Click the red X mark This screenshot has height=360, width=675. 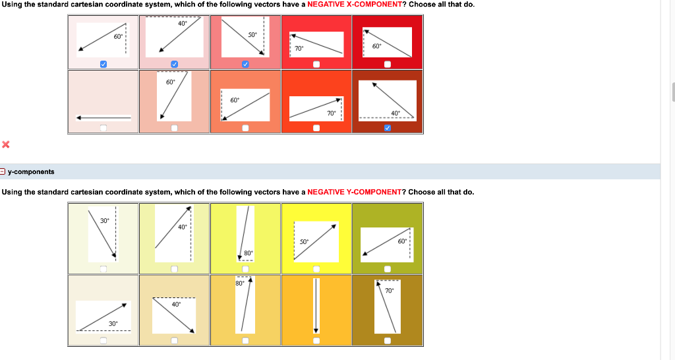[x=5, y=144]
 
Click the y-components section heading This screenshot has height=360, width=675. [x=31, y=171]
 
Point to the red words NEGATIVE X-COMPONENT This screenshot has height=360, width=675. [x=354, y=5]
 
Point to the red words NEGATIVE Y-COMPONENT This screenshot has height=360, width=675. [x=354, y=192]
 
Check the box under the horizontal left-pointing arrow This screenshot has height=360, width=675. [x=103, y=128]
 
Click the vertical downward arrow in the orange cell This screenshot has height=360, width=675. [x=316, y=306]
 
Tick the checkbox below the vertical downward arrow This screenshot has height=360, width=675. [x=316, y=341]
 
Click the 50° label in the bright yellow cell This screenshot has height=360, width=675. [x=305, y=241]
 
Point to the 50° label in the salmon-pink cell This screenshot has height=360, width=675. [x=252, y=34]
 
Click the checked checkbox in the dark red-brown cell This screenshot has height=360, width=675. [x=388, y=128]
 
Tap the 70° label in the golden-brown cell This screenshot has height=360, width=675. [x=389, y=290]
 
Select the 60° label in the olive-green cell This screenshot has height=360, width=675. [x=402, y=241]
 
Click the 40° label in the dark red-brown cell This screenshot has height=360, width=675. [x=396, y=113]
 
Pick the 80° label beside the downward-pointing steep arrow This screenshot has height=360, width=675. [x=248, y=253]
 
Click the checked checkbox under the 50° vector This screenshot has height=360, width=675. [x=245, y=64]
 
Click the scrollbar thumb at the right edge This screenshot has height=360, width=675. [x=672, y=92]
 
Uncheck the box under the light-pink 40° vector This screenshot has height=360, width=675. [x=174, y=64]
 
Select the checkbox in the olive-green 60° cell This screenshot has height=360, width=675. [x=388, y=268]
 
